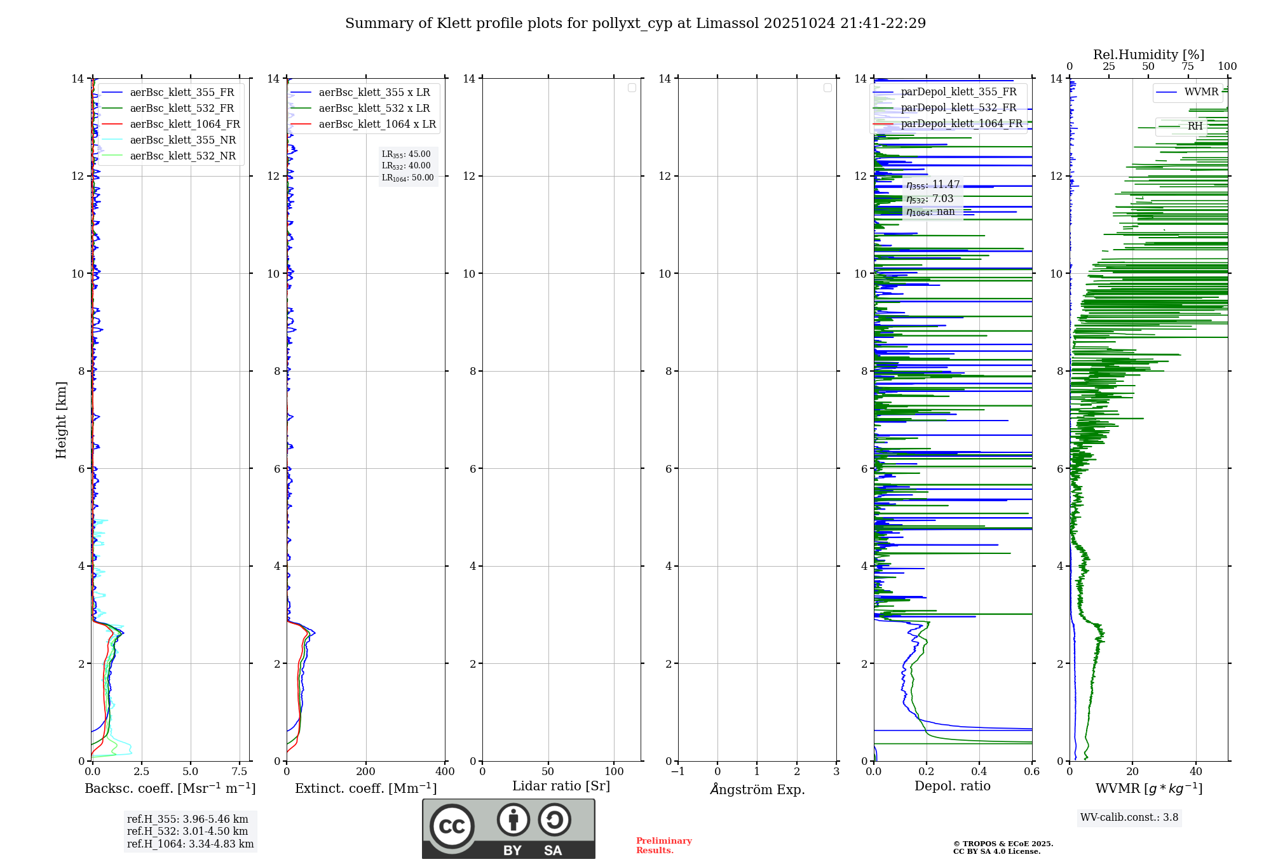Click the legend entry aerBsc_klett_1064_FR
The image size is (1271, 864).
point(184,125)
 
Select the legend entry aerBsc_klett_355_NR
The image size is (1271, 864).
point(182,140)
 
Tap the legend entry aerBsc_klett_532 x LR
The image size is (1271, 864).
point(374,109)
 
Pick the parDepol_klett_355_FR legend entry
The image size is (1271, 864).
point(958,92)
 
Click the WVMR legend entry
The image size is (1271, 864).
point(1201,92)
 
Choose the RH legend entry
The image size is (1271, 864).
point(1195,126)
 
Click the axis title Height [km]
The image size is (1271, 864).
point(61,420)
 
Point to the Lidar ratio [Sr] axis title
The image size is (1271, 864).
point(561,786)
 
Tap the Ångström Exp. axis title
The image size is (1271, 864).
point(758,790)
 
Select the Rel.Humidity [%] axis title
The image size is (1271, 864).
point(1148,55)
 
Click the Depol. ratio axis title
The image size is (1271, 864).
point(952,786)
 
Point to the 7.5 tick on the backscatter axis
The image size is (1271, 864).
point(240,772)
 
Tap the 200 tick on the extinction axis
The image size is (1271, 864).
point(366,772)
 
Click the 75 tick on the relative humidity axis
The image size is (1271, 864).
point(1187,67)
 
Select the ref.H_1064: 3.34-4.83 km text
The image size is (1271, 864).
point(190,844)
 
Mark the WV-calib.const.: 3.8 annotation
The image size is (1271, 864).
point(1129,818)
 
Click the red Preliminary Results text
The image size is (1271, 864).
point(663,846)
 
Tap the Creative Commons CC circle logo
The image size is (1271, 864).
point(452,827)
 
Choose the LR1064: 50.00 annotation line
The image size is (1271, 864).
point(408,178)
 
